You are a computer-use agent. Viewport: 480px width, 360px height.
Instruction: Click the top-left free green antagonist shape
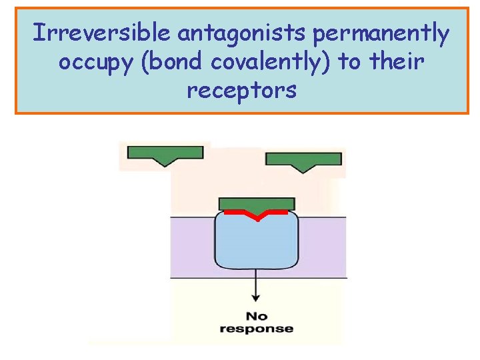coord(165,153)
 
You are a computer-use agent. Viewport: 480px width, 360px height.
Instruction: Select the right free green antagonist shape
coord(303,159)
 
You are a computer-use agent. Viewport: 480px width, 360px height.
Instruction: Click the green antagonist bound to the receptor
coord(257,203)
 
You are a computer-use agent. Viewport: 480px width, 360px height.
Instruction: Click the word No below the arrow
coord(257,315)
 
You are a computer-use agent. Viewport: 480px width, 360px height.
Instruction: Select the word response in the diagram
coord(257,328)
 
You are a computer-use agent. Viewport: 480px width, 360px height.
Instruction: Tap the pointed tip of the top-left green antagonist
coord(165,164)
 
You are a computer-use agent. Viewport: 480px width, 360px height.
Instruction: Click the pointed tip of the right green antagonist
coord(303,171)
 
